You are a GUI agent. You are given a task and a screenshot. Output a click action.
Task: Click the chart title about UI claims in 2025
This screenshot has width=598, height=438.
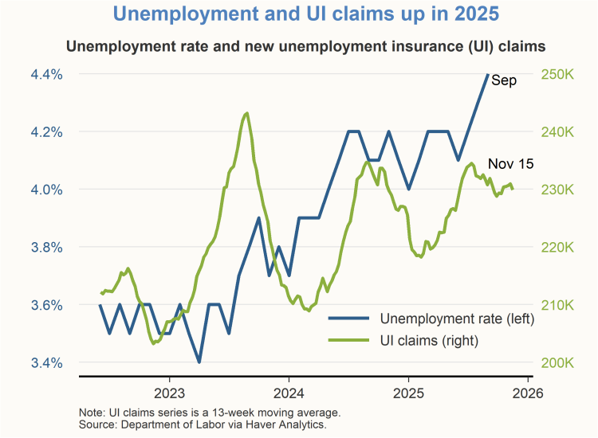(299, 14)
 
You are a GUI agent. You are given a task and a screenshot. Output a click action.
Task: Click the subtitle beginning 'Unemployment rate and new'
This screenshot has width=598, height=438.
(299, 45)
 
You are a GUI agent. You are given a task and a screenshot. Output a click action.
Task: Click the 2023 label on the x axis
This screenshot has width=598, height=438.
(169, 393)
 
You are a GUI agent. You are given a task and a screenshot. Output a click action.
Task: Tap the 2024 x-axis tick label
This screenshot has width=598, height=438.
(289, 393)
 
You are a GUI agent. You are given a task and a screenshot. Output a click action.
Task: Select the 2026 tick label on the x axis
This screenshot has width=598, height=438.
(527, 393)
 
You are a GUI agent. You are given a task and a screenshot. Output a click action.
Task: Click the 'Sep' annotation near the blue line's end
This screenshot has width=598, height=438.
(504, 80)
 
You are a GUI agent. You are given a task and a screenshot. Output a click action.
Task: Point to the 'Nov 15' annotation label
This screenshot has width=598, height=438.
(510, 163)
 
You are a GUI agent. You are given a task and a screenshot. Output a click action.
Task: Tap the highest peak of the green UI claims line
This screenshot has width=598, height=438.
(247, 113)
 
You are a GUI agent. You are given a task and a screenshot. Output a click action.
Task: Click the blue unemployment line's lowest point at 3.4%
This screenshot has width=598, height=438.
(199, 362)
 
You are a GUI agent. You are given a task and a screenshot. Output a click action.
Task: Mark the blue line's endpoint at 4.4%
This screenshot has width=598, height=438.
(487, 74)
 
